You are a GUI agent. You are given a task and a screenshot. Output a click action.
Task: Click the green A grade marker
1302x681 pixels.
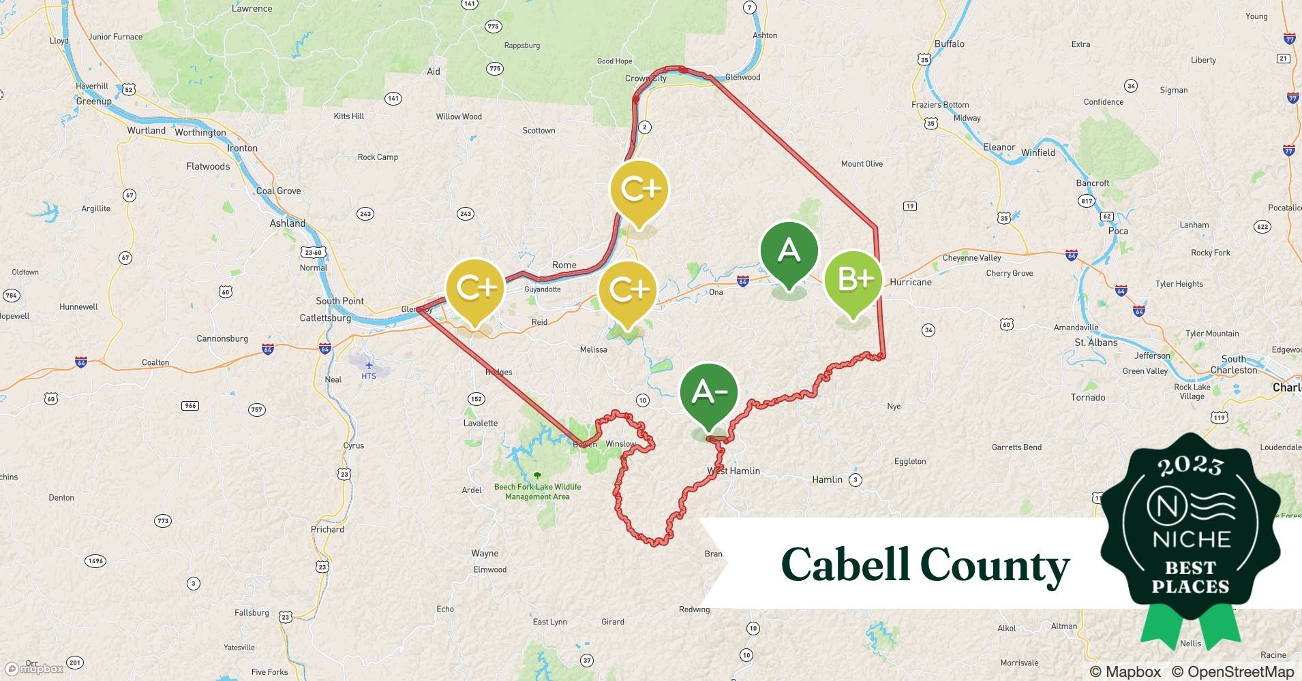click(x=789, y=251)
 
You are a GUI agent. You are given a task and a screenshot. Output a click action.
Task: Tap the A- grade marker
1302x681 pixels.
click(x=709, y=392)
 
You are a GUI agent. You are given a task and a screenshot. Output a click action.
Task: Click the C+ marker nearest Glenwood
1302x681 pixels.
click(x=639, y=189)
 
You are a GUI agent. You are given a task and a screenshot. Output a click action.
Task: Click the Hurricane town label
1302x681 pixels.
click(x=910, y=282)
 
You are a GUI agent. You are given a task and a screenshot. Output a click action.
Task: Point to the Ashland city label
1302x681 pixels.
click(x=287, y=223)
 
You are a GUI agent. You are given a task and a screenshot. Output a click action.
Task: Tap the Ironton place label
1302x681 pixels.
click(x=242, y=148)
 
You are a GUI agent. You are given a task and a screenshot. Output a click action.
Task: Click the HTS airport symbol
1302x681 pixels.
click(x=369, y=366)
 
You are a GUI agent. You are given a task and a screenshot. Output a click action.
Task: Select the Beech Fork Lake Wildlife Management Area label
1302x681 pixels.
click(x=537, y=491)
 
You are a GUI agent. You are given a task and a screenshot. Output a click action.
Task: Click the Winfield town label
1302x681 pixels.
click(x=1038, y=153)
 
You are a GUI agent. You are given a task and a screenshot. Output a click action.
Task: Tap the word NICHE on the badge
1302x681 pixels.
click(x=1191, y=539)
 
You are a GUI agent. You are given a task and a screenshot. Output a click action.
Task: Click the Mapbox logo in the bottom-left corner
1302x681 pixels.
click(x=34, y=669)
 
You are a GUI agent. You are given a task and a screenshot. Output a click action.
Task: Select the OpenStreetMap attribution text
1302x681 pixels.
click(x=1232, y=671)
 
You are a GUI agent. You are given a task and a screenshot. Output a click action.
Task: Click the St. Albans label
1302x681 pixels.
click(x=1095, y=342)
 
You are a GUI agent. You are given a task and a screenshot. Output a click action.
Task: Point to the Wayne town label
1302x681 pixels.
click(x=485, y=553)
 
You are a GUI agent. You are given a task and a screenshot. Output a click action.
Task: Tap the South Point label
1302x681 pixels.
click(x=339, y=301)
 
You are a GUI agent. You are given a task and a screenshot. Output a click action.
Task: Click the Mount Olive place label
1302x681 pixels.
click(x=861, y=163)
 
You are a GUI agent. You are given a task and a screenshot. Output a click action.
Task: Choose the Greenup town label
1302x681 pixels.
click(x=93, y=101)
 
